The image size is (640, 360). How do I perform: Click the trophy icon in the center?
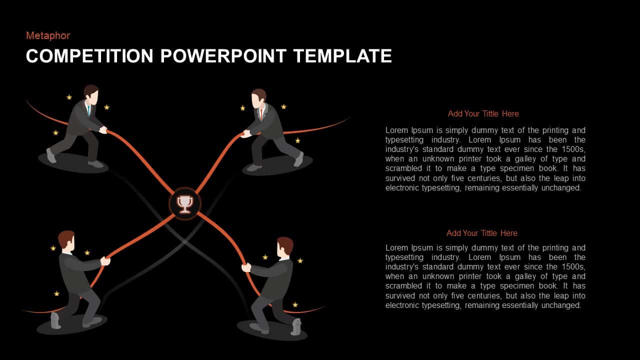(185, 204)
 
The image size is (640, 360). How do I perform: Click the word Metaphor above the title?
(48, 35)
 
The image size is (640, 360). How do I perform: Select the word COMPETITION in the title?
(89, 56)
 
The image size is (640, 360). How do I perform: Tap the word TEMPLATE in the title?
(342, 56)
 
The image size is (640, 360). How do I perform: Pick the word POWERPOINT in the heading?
(223, 56)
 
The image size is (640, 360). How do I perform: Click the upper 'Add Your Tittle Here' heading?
(483, 113)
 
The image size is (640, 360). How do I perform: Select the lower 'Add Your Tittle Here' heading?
(481, 233)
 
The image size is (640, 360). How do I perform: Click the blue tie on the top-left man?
(89, 110)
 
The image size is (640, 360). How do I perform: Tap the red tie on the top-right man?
(261, 113)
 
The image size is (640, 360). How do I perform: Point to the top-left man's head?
(91, 94)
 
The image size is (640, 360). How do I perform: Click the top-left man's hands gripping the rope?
(103, 129)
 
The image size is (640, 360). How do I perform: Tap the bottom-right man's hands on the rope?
(246, 267)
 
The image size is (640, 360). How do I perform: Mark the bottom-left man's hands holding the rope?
(105, 261)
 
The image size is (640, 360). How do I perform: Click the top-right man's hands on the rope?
(245, 133)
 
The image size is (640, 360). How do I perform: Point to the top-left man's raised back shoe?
(51, 155)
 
